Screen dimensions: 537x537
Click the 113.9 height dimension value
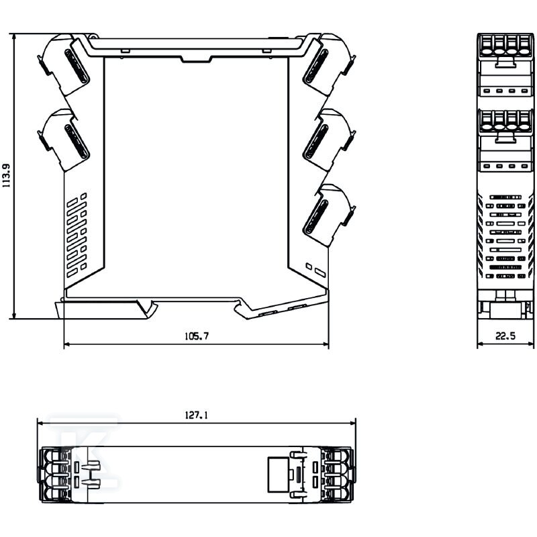click(7, 175)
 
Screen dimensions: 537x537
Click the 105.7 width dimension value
click(196, 336)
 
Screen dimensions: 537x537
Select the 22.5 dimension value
click(505, 336)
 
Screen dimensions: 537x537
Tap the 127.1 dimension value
click(196, 415)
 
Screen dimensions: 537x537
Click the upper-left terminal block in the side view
click(63, 64)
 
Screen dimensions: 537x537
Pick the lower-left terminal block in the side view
click(63, 140)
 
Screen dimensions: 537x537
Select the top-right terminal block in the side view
click(329, 64)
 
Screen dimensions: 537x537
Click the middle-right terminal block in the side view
click(329, 140)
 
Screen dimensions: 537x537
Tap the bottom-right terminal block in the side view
click(329, 215)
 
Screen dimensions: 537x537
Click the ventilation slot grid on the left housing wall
click(77, 236)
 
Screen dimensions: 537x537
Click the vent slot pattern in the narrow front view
click(505, 236)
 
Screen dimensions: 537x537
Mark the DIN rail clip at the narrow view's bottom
click(505, 305)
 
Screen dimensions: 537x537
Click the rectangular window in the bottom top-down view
click(278, 475)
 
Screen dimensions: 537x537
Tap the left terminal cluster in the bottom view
click(55, 475)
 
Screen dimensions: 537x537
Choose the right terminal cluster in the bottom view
click(338, 475)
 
